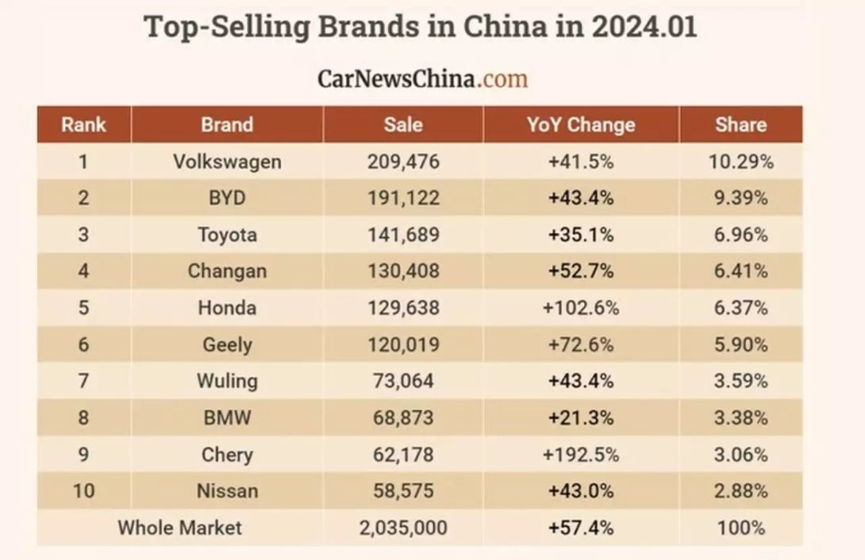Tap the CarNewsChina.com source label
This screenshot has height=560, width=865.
point(422,77)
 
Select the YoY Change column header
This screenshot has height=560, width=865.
point(580,125)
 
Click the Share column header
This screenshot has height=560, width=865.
point(740,125)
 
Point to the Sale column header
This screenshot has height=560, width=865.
point(403,125)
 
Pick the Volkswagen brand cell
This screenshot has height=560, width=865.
point(227,161)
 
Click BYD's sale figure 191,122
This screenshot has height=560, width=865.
point(403,198)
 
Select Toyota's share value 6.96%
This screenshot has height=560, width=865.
point(740,235)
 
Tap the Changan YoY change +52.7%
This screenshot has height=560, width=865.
point(580,272)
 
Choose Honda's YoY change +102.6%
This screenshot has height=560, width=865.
point(580,308)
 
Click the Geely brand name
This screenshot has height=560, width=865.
point(227,345)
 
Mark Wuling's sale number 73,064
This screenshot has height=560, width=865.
point(403,381)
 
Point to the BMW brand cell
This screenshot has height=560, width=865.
point(227,418)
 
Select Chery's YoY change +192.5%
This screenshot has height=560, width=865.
point(580,455)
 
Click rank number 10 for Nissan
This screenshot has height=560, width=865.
point(84,492)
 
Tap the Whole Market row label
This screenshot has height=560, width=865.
point(179,528)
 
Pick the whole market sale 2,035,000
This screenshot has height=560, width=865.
point(403,528)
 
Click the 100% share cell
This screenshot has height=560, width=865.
point(740,528)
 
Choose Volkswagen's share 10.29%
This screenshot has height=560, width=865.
point(740,161)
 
